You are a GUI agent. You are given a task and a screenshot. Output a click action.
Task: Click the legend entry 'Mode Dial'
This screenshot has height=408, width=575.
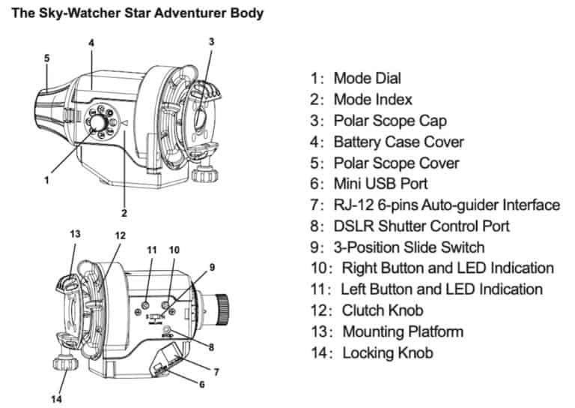pyautogui.click(x=367, y=78)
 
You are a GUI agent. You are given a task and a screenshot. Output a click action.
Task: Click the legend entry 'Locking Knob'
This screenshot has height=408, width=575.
pyautogui.click(x=387, y=352)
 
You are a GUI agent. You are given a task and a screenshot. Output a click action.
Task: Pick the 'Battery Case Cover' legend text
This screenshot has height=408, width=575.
pyautogui.click(x=398, y=141)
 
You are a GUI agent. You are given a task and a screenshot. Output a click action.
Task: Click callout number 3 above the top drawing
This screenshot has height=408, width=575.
pyautogui.click(x=211, y=41)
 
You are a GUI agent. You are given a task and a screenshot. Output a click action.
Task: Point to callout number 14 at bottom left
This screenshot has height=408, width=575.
pyautogui.click(x=56, y=399)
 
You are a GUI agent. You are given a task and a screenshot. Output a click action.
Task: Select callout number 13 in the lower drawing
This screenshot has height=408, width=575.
pyautogui.click(x=75, y=233)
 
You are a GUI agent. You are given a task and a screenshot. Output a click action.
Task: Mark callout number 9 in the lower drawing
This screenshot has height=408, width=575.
pyautogui.click(x=212, y=266)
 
